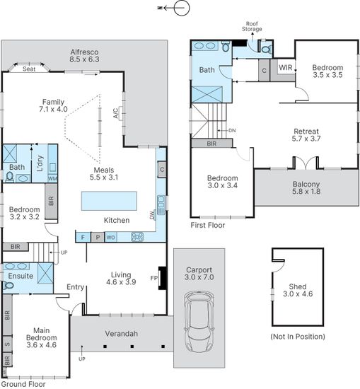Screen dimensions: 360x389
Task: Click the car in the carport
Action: [199, 322]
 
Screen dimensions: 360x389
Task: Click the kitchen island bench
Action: [109, 201]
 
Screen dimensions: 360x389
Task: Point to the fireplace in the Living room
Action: [162, 278]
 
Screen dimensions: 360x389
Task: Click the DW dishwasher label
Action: [151, 215]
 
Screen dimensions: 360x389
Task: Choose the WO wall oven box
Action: [110, 238]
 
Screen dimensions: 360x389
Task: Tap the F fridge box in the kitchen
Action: [83, 238]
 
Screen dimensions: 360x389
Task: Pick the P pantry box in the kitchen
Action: [98, 238]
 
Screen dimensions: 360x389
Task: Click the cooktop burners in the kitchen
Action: [137, 237]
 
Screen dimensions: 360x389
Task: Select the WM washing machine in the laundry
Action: [52, 178]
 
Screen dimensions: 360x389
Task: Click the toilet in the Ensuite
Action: [8, 286]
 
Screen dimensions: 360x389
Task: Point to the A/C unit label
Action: [115, 113]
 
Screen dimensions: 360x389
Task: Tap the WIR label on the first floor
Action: [285, 67]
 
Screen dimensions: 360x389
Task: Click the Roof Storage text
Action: [252, 27]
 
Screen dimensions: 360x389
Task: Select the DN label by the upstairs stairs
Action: [232, 131]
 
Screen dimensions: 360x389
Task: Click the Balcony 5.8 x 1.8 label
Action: [306, 188]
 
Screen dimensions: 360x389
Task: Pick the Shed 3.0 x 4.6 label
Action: [298, 290]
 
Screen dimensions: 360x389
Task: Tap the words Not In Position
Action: [298, 337]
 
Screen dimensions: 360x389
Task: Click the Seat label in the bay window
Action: [29, 69]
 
